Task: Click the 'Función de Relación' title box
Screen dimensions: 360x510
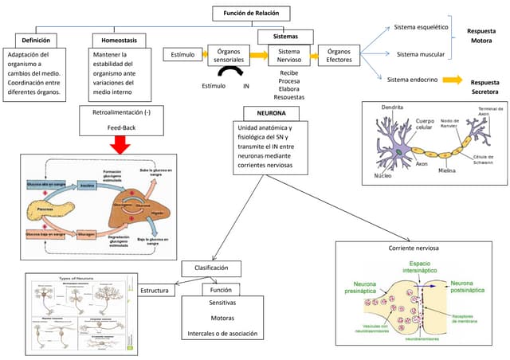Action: pyautogui.click(x=251, y=14)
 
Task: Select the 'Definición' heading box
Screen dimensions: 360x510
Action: pyautogui.click(x=38, y=39)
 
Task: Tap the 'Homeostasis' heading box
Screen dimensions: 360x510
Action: pyautogui.click(x=119, y=39)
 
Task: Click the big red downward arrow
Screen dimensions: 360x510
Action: pyautogui.click(x=120, y=143)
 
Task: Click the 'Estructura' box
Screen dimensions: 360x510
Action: pyautogui.click(x=155, y=291)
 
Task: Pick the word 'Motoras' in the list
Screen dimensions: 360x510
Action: pyautogui.click(x=222, y=318)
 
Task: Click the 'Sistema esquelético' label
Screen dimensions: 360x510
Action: pyautogui.click(x=422, y=27)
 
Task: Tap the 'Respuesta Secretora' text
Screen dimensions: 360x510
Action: pyautogui.click(x=484, y=86)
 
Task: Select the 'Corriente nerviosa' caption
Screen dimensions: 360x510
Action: pyautogui.click(x=415, y=248)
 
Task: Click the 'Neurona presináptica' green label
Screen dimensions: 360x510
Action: pyautogui.click(x=360, y=287)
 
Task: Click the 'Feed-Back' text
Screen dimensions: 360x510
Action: pyautogui.click(x=121, y=127)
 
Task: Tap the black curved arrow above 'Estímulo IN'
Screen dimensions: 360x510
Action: pyautogui.click(x=230, y=72)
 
